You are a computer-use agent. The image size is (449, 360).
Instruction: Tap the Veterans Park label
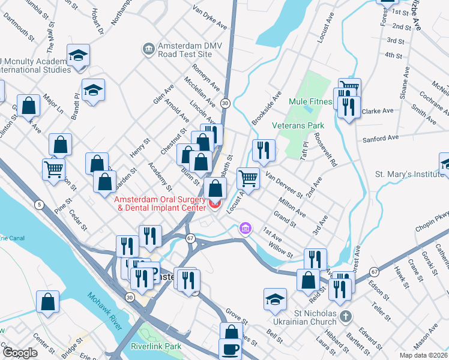tap(298, 125)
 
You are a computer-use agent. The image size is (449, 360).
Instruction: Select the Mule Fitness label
tap(310, 101)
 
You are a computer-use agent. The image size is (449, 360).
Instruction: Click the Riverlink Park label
tap(156, 346)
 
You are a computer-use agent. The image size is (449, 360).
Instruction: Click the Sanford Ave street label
tap(381, 139)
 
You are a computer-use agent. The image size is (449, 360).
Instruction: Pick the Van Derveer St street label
tap(283, 184)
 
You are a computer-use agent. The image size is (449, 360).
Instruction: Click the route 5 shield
tap(38, 205)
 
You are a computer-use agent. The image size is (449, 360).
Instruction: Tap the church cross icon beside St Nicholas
tap(345, 316)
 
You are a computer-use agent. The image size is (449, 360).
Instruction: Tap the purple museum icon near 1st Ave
tap(245, 229)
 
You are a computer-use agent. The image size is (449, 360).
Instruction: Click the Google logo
tap(20, 353)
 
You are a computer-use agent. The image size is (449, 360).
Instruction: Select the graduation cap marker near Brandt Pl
tap(93, 91)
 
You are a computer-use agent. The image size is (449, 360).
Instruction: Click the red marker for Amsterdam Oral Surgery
tap(215, 206)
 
